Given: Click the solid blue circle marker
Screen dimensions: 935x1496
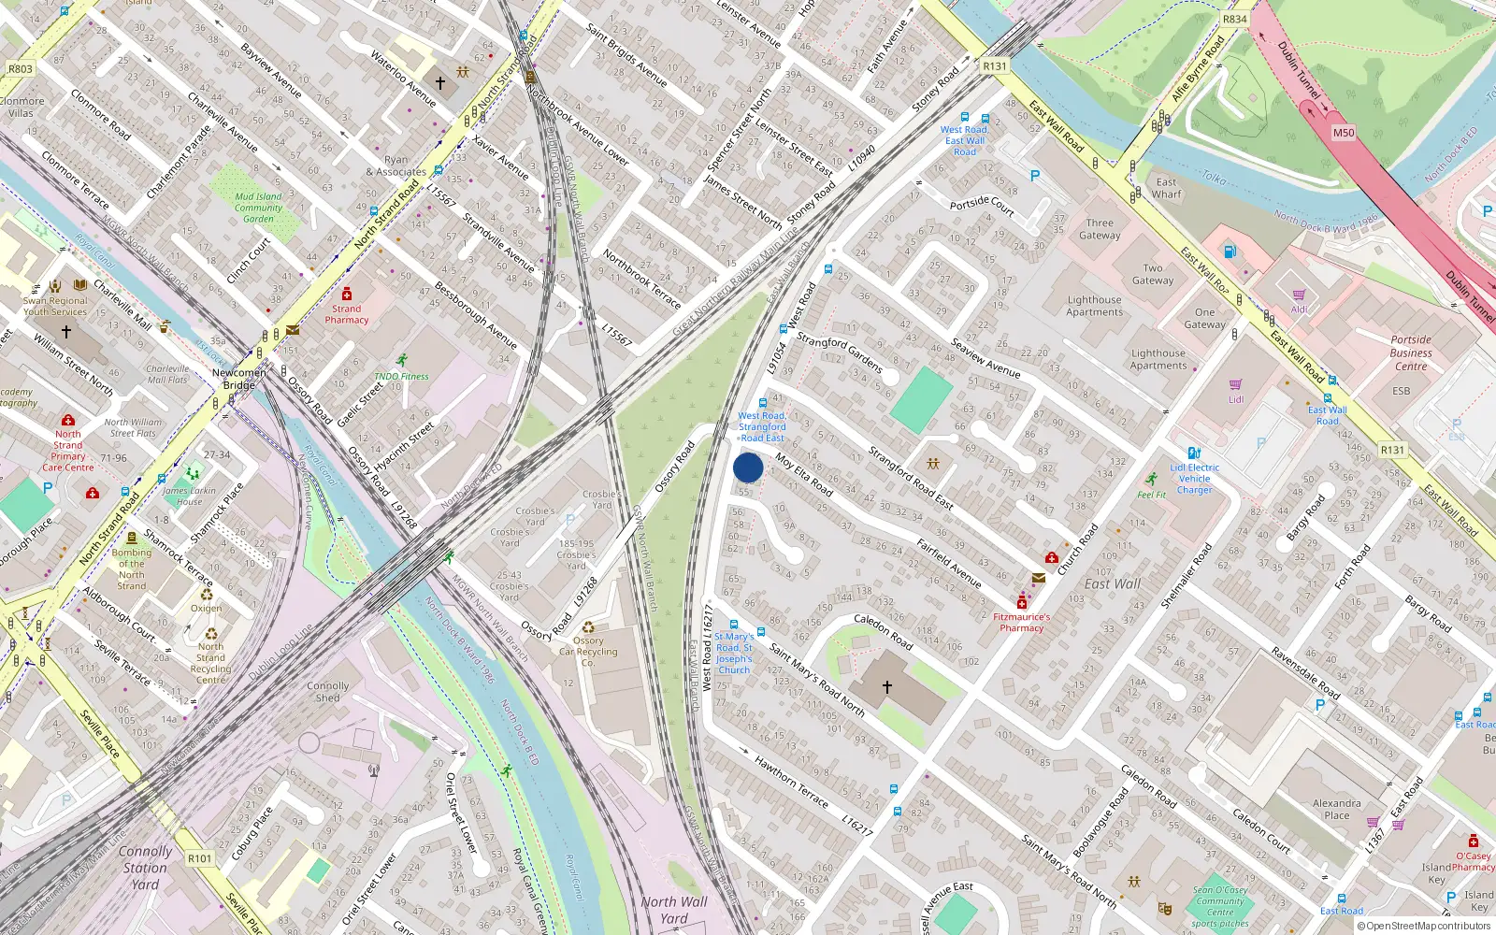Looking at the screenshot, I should point(748,467).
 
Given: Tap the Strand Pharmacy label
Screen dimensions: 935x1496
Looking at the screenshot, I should point(347,314).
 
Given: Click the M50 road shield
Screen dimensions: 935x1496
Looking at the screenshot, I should point(1343,133).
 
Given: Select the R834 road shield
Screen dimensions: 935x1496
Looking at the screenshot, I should point(1235,19).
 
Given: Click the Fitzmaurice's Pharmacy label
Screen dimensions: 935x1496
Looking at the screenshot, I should point(1021,622).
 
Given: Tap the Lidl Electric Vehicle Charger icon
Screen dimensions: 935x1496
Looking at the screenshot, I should point(1194,453).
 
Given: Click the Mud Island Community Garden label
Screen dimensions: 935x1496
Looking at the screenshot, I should point(258,208).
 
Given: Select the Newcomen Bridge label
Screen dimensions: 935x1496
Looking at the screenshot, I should point(239,379).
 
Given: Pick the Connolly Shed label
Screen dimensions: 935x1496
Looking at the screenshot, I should point(327,691).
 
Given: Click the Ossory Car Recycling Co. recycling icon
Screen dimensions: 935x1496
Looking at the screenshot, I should point(588,627).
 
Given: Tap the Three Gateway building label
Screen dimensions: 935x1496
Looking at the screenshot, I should point(1100,229).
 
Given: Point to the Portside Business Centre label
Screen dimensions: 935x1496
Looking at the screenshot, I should point(1411,352).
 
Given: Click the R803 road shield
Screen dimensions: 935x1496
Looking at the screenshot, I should point(20,68).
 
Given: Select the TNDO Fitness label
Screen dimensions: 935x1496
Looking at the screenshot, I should point(402,376).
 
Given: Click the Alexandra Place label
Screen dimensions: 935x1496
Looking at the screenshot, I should point(1336,809).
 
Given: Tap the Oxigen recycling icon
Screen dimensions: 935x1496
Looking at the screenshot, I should point(207,594).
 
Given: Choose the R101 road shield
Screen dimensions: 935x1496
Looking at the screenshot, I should point(200,857).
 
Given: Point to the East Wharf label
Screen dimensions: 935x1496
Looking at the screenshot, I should point(1167,188).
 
